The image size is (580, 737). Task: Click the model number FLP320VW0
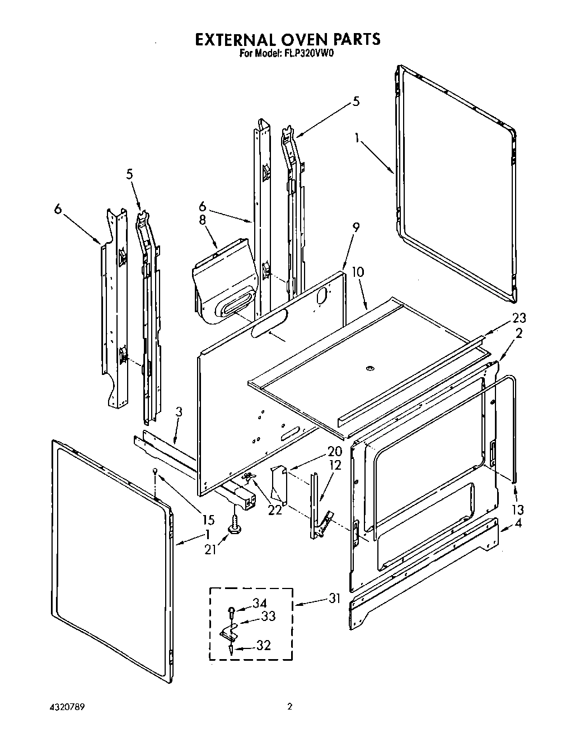click(309, 54)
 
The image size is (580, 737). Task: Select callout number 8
click(203, 220)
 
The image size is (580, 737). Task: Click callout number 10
click(358, 272)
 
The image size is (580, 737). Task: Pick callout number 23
click(519, 318)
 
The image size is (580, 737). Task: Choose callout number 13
click(518, 509)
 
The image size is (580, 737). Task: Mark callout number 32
click(263, 645)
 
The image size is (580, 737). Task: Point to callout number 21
click(210, 550)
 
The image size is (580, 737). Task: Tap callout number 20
click(334, 452)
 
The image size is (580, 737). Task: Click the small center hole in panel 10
click(368, 368)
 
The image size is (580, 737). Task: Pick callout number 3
click(178, 412)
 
